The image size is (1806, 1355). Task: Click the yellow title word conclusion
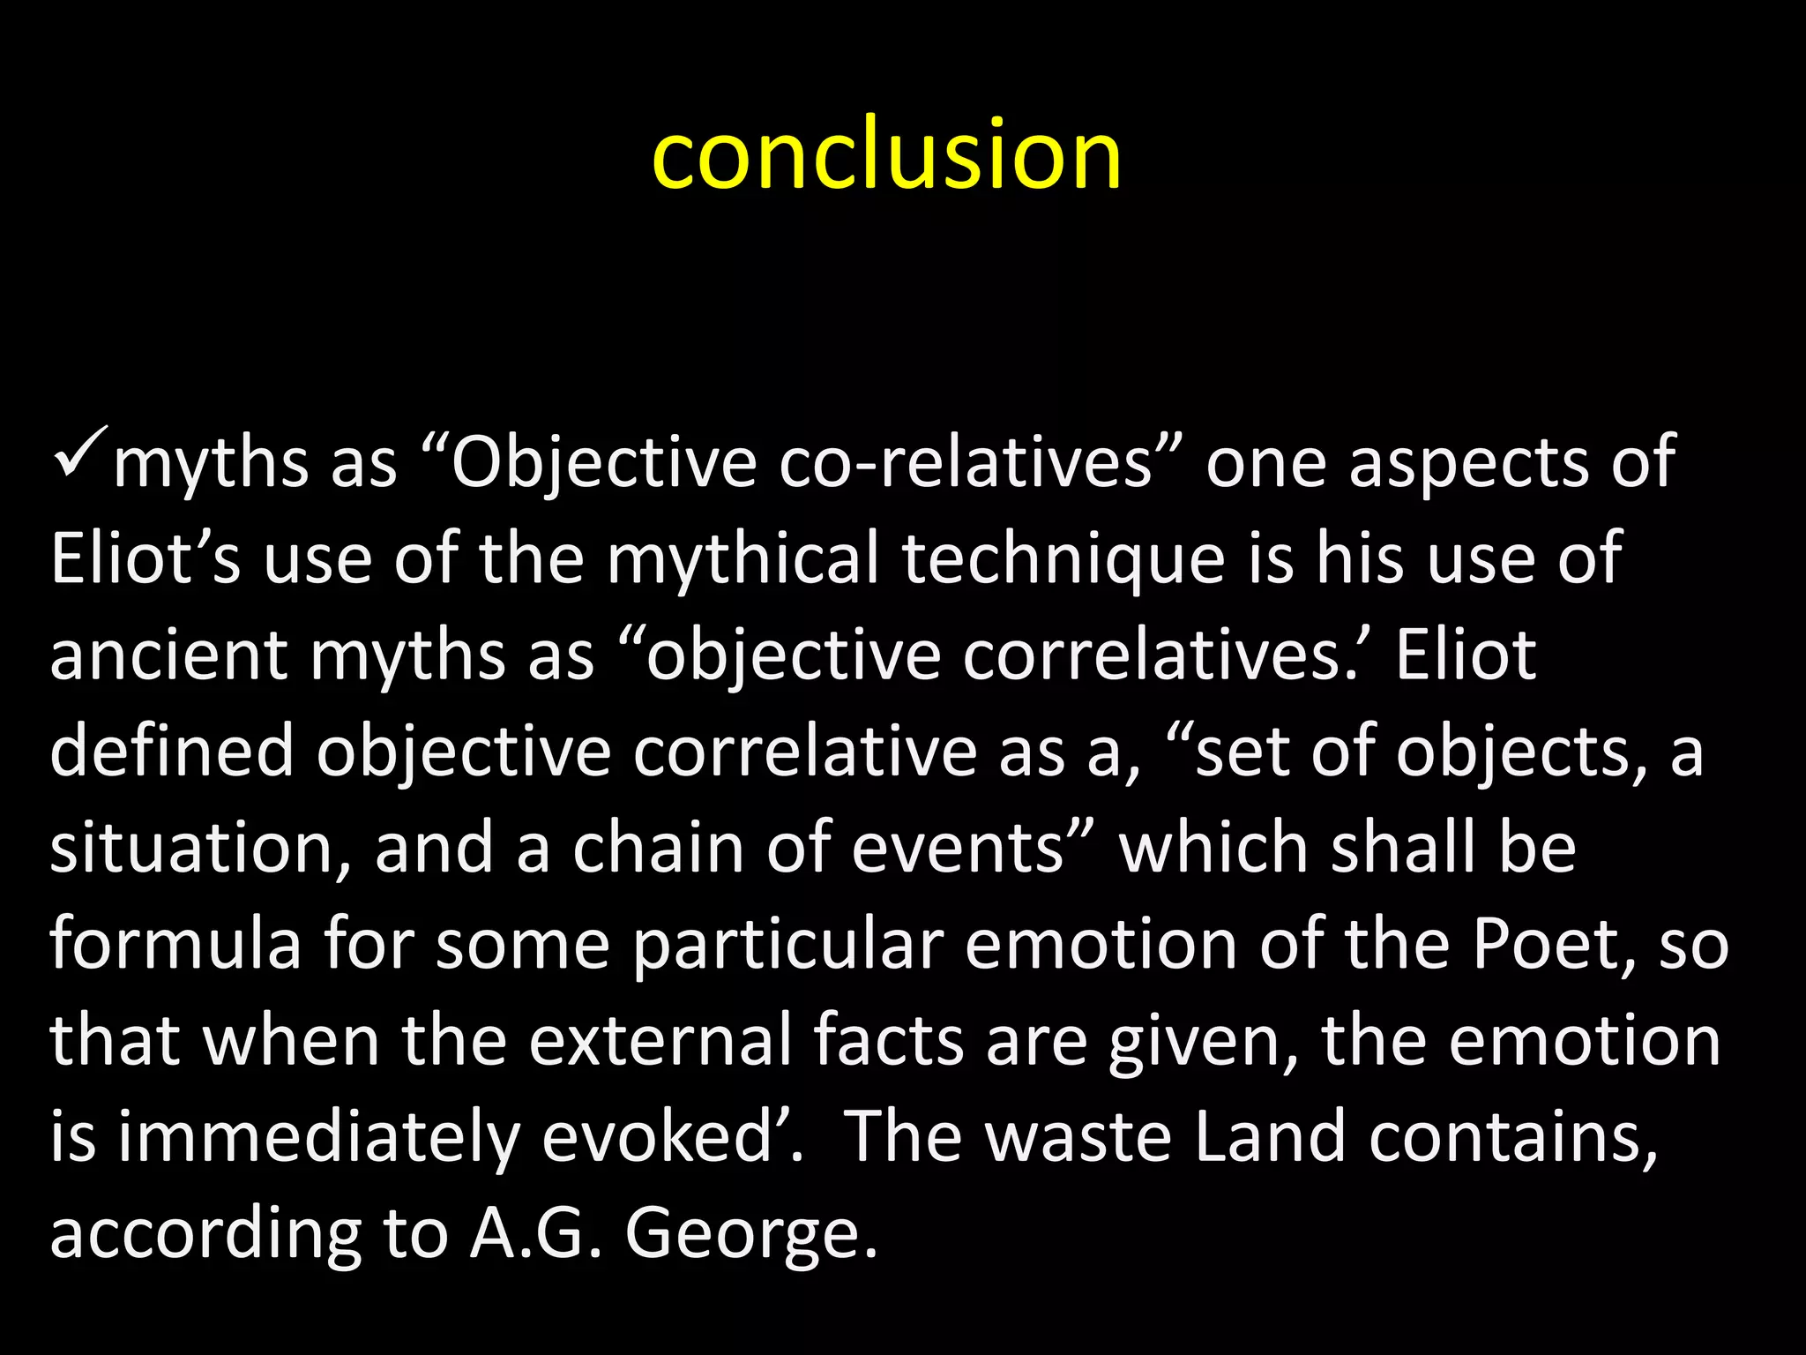click(886, 156)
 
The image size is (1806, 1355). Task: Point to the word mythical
click(743, 559)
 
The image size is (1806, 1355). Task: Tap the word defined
click(171, 752)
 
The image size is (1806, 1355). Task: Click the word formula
click(175, 944)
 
